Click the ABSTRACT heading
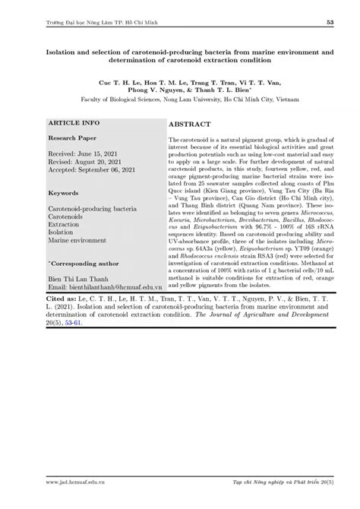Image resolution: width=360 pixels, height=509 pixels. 191,122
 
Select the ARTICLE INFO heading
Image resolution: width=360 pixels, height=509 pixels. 74,122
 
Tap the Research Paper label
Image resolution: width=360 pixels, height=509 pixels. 72,140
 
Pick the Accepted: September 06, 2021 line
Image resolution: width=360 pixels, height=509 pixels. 93,171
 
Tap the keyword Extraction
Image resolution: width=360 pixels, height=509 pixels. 64,225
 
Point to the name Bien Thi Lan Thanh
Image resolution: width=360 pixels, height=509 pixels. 77,278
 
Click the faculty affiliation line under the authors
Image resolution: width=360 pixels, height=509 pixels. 180,98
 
